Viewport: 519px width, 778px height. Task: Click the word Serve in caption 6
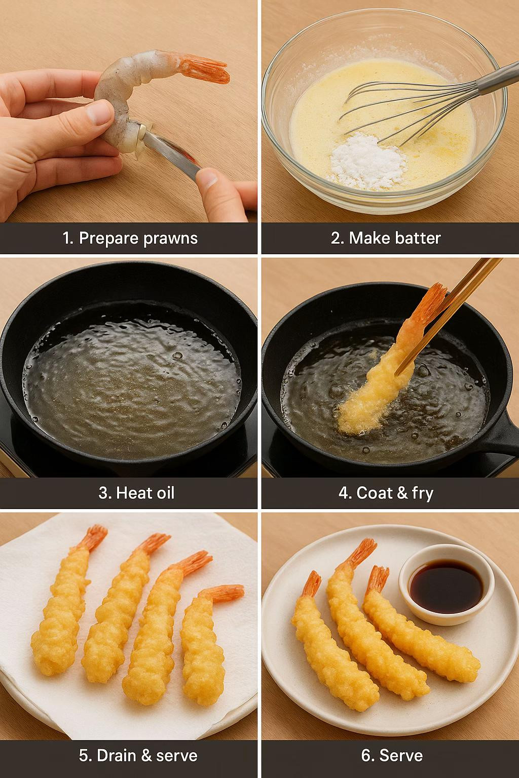click(x=401, y=755)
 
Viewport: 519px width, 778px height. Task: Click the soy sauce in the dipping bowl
click(x=447, y=586)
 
